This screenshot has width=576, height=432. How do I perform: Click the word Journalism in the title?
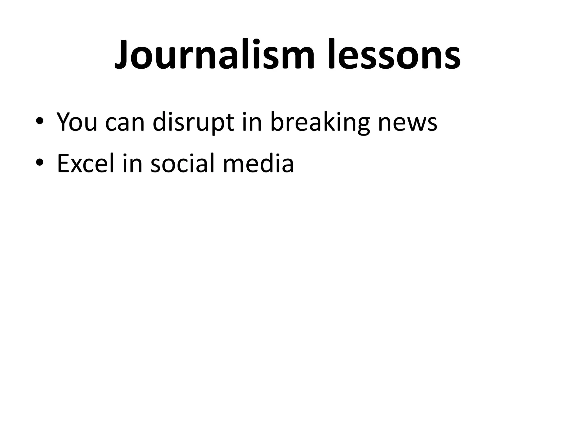tap(214, 55)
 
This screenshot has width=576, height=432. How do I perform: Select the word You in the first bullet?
tap(77, 122)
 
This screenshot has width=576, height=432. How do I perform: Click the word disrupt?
tap(193, 122)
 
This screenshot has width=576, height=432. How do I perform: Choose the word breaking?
tap(320, 122)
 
